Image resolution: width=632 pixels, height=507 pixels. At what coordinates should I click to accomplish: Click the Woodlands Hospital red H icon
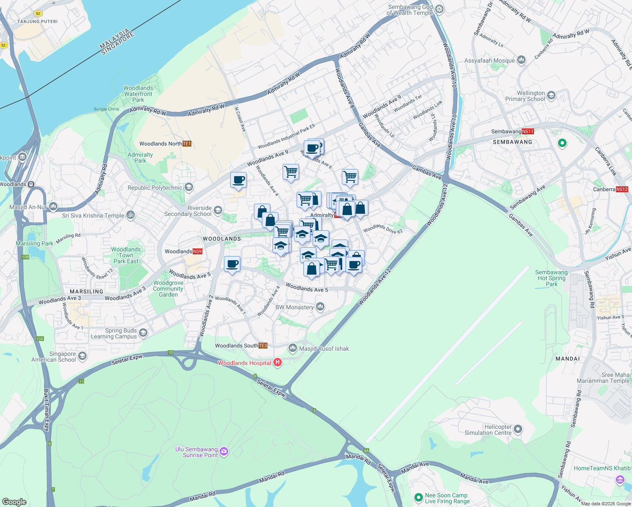278,362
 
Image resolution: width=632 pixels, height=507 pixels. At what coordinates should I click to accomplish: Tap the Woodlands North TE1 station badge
187,144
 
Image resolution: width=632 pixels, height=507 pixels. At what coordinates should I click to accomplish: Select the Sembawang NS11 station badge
528,131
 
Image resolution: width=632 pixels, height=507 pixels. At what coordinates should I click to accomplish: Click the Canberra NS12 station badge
622,189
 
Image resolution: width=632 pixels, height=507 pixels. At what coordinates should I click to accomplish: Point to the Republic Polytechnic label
155,188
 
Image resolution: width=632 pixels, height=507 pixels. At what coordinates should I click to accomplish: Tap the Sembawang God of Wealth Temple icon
439,9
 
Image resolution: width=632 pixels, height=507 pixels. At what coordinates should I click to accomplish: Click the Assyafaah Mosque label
489,60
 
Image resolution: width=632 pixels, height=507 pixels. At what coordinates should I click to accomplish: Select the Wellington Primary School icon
551,96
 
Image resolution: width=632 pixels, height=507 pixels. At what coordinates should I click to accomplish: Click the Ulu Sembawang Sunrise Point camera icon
224,452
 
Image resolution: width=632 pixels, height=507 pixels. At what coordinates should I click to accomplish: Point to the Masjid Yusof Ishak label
324,349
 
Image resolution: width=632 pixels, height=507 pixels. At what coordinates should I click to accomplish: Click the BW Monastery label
294,307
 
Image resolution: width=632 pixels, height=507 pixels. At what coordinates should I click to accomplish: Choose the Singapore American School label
54,357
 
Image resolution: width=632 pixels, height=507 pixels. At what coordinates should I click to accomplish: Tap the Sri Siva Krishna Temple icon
131,215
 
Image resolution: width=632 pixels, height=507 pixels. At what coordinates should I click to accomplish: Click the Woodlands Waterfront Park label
138,94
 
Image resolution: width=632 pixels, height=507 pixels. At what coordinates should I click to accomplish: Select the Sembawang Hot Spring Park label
551,278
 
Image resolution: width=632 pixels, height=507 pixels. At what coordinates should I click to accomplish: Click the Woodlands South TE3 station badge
263,346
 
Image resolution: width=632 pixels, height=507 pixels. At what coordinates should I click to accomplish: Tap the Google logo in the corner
14,502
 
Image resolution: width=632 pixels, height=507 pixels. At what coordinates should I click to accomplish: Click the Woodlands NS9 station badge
197,251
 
